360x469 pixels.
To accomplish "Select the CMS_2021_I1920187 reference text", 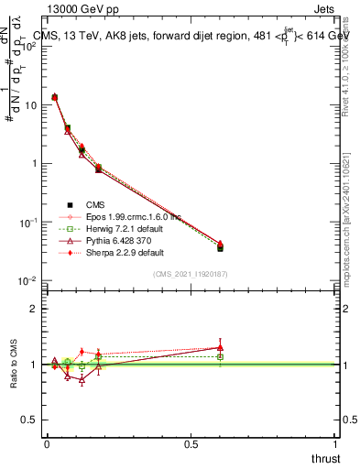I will click(191, 274).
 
